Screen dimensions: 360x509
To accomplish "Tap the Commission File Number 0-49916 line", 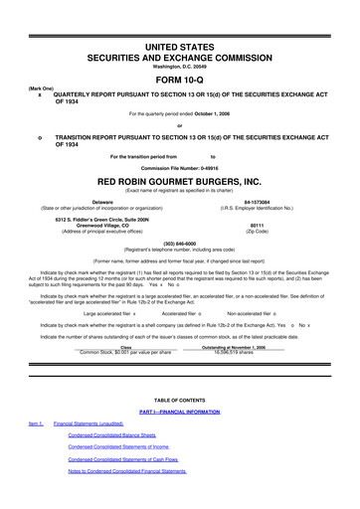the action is (x=179, y=166).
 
